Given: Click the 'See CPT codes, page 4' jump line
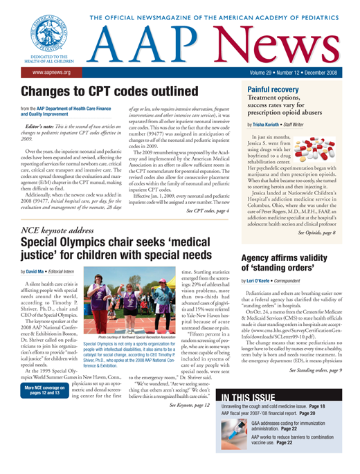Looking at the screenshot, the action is pos(199,190).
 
